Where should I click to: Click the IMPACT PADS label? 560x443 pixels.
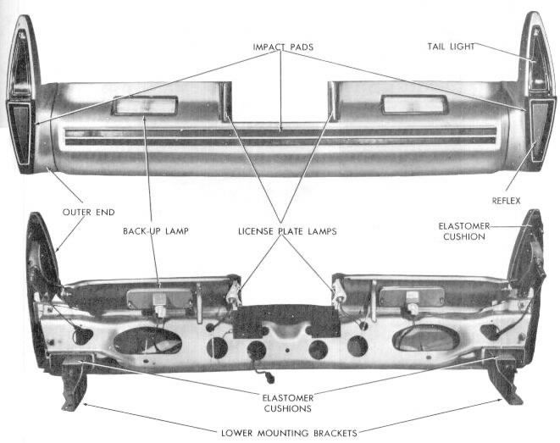[x=283, y=45]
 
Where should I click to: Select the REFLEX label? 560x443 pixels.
[x=506, y=201]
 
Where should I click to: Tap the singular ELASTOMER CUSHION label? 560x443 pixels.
[x=462, y=230]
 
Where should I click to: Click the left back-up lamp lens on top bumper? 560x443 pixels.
[x=146, y=106]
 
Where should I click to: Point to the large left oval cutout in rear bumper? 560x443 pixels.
[x=147, y=341]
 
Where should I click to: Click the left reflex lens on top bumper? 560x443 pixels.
[x=20, y=131]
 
